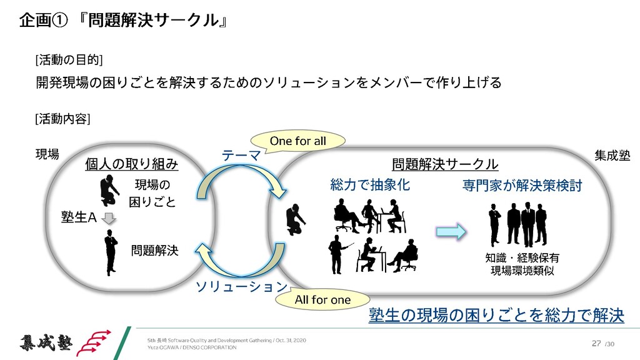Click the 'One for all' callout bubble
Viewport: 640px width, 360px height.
(297, 141)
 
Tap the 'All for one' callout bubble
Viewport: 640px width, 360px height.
(322, 300)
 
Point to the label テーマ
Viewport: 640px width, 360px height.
(241, 155)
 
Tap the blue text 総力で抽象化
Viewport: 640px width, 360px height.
(369, 185)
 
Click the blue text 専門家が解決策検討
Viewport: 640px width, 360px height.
(522, 185)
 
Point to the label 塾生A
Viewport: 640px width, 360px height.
(78, 217)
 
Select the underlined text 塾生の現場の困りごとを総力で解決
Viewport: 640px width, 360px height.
(496, 315)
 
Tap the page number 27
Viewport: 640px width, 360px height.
(596, 343)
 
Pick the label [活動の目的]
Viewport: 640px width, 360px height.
(69, 60)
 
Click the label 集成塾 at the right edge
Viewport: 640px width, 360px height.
(612, 155)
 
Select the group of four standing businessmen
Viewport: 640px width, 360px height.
(517, 223)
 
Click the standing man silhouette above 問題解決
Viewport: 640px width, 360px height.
(111, 251)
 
